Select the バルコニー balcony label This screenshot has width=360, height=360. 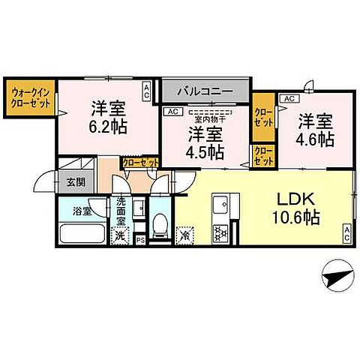[204, 91]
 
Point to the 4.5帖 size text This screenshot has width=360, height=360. [205, 151]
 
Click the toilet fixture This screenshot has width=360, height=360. [159, 226]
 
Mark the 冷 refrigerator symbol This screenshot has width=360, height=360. [185, 234]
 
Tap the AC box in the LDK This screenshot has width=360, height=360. [346, 232]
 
